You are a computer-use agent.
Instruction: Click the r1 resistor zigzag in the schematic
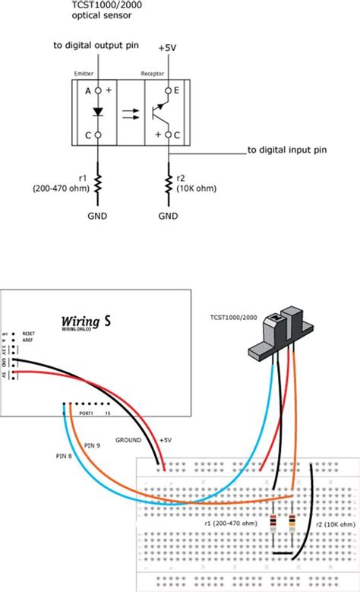coord(98,183)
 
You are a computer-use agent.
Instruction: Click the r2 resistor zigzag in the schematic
coord(169,183)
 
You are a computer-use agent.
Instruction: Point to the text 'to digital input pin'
coord(287,150)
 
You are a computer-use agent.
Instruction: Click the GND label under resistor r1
coord(97,216)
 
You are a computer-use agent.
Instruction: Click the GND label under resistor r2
coord(168,216)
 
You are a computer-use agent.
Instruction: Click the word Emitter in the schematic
coord(83,74)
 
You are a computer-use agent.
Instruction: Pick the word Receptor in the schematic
coord(153,74)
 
